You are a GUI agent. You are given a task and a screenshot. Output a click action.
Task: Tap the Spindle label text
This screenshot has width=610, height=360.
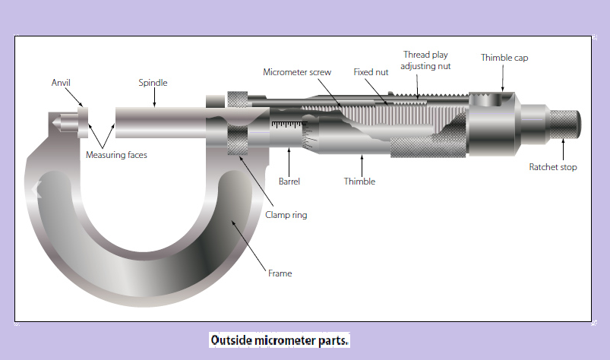[x=153, y=82]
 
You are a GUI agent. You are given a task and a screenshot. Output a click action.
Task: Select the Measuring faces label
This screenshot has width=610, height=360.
[x=116, y=155]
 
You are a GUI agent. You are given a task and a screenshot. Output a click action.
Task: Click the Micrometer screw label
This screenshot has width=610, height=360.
[x=297, y=72]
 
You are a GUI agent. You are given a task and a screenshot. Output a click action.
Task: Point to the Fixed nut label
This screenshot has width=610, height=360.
[x=371, y=72]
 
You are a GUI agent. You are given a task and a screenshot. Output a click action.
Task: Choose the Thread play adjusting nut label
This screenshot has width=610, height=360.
[x=426, y=61]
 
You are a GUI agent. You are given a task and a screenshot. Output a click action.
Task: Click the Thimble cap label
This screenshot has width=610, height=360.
[x=504, y=58]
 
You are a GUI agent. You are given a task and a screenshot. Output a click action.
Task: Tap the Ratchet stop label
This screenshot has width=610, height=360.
[x=553, y=167]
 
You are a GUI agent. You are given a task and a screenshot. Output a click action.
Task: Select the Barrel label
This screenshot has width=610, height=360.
[x=289, y=182]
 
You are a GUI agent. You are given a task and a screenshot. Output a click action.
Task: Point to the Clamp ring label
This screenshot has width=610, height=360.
[x=286, y=215]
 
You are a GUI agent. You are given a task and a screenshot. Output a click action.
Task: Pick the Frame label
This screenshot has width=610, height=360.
[x=280, y=273]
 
